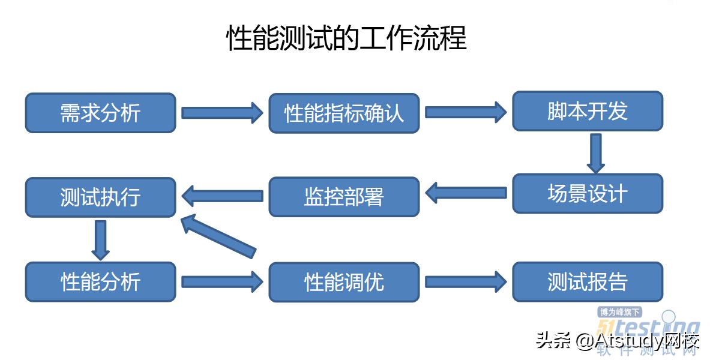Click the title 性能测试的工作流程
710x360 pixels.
coord(346,38)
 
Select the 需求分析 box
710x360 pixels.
coord(100,113)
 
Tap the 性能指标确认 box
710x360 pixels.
coord(344,113)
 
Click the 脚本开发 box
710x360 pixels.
coord(587,111)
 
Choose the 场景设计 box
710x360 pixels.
coord(587,194)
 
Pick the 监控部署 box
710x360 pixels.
coord(344,197)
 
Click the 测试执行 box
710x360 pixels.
coord(100,197)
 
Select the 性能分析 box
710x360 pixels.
coord(100,281)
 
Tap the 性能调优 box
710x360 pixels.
coord(344,281)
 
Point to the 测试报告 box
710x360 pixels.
coord(587,281)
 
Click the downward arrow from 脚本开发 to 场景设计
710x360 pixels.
coord(595,152)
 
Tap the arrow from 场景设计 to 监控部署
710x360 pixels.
coord(466,193)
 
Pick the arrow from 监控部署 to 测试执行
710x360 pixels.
coord(222,196)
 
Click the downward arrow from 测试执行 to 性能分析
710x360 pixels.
coord(101,239)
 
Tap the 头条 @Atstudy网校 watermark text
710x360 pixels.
coord(618,341)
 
